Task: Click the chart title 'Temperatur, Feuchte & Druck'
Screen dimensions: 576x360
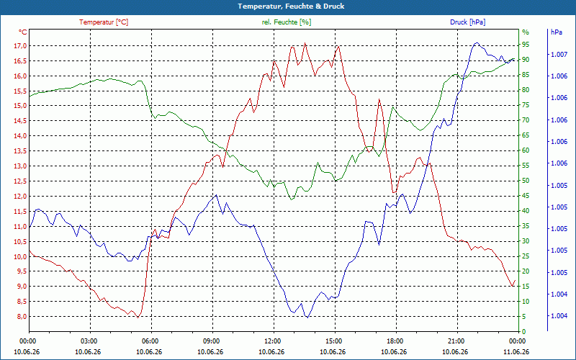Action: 291,6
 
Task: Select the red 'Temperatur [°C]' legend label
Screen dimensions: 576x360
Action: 104,22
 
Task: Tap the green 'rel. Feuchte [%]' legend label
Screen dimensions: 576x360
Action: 286,22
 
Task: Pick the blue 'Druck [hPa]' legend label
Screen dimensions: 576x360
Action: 467,22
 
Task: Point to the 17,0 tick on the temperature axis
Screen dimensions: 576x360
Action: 20,46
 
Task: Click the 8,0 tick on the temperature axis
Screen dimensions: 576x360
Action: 21,317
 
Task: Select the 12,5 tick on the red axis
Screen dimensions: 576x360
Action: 20,181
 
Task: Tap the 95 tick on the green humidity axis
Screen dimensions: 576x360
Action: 526,45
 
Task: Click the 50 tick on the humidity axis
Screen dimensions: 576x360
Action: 526,181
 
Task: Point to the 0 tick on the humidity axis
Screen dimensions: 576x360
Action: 524,332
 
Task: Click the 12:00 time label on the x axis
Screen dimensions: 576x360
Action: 273,341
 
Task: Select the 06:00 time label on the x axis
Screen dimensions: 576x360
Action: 150,341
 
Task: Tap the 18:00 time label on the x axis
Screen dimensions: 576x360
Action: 395,341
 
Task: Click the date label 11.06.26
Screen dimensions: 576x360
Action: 516,351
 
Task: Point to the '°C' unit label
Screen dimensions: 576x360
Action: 22,32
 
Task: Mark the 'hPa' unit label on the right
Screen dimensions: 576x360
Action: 556,32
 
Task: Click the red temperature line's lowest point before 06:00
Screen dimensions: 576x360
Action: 138,318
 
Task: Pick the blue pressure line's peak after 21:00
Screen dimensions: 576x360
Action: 477,42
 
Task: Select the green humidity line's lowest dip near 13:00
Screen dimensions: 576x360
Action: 292,199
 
